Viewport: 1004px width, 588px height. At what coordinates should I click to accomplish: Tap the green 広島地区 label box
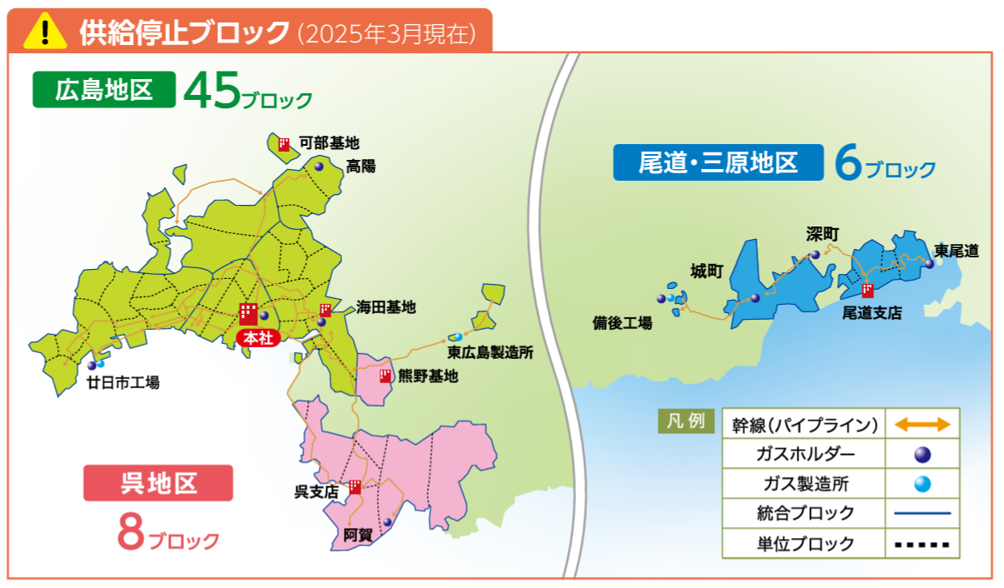pyautogui.click(x=104, y=90)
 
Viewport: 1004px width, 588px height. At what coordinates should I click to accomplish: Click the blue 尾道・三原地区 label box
pyautogui.click(x=718, y=162)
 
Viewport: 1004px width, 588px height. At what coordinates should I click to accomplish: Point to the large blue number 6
pyautogui.click(x=847, y=165)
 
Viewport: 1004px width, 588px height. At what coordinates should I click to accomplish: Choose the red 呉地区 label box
pyautogui.click(x=158, y=483)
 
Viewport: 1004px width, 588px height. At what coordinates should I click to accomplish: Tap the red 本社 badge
pyautogui.click(x=253, y=338)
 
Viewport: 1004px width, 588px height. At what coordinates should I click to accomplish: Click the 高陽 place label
pyautogui.click(x=360, y=166)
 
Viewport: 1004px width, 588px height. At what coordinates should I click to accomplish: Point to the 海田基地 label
pyautogui.click(x=385, y=307)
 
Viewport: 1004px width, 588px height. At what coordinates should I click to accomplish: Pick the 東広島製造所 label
pyautogui.click(x=490, y=352)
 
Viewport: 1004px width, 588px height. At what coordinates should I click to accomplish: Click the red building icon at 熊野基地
pyautogui.click(x=385, y=376)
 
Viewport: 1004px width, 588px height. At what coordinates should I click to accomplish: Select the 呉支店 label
pyautogui.click(x=316, y=491)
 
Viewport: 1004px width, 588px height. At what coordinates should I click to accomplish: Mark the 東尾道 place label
pyautogui.click(x=957, y=250)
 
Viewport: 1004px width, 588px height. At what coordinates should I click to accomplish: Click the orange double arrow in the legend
pyautogui.click(x=922, y=425)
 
